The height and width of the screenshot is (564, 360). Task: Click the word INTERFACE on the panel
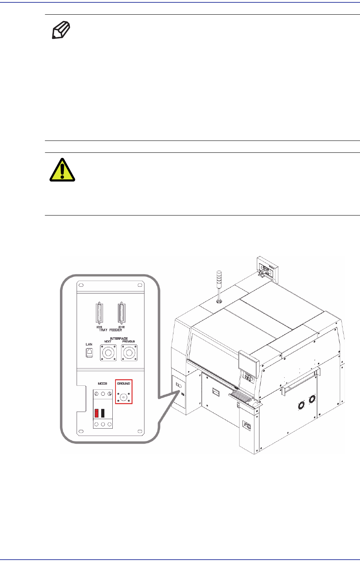(119, 339)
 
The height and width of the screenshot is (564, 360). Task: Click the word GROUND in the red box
(124, 384)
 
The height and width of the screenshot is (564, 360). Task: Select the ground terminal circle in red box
(124, 396)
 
